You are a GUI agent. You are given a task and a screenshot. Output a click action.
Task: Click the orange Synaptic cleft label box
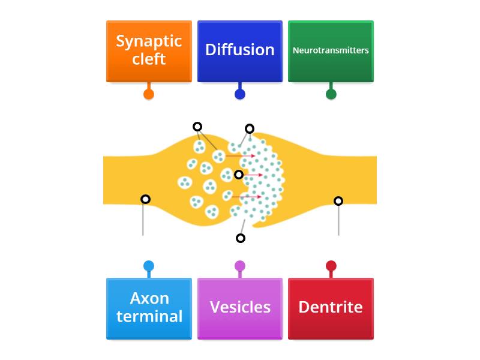coord(149,51)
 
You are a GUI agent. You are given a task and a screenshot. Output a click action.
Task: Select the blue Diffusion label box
coord(239,51)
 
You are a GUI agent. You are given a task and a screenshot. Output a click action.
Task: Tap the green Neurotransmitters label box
coord(331,51)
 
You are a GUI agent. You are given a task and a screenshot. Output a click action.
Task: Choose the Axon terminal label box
coord(149,308)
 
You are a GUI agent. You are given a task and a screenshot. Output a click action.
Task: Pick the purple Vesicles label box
coord(239,308)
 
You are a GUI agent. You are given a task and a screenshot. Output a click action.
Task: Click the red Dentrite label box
coord(331,308)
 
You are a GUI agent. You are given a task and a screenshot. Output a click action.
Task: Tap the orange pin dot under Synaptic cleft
coord(149,94)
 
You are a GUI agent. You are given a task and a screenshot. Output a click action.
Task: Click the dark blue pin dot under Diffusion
coord(240,94)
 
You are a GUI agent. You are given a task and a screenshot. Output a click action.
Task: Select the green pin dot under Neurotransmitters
coord(331,94)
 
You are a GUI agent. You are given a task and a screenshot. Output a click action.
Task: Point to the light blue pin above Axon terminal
coord(149,266)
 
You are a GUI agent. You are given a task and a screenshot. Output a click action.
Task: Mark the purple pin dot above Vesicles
coord(240,266)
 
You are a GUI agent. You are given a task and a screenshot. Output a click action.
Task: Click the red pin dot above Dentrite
coord(331,266)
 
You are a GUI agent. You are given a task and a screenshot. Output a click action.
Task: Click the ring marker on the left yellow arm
coord(145,199)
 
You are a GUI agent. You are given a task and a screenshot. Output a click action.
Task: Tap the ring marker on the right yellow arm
coord(338,201)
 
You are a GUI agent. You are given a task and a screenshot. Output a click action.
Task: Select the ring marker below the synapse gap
coord(241,238)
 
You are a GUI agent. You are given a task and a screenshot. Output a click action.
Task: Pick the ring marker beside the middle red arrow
coord(239,175)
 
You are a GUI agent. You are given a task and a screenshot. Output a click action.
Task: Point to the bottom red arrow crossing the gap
coord(247,197)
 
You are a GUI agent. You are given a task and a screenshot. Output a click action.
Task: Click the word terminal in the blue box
coord(149,316)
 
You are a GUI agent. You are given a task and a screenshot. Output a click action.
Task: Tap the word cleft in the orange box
coord(149,59)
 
